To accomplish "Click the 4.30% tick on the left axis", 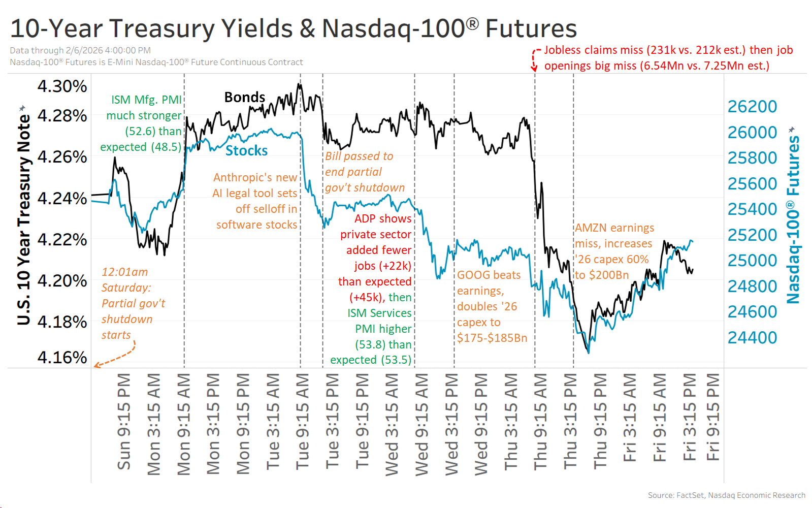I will click(62, 86).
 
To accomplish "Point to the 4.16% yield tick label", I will click(62, 358).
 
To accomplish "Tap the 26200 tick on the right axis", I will click(752, 107).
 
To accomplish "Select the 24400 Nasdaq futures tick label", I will click(752, 338).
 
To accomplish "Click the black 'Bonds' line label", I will click(245, 97).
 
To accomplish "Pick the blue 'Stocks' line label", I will click(246, 151).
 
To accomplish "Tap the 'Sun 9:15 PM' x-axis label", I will click(124, 422).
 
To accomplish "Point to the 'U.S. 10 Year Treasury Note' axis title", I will click(23, 218).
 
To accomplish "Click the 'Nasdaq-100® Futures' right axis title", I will click(793, 218).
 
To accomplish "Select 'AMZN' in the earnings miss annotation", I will click(588, 228).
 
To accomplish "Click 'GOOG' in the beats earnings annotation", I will click(471, 275).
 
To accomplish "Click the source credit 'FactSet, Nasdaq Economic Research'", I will click(741, 495).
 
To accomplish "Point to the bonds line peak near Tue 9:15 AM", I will click(300, 85).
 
